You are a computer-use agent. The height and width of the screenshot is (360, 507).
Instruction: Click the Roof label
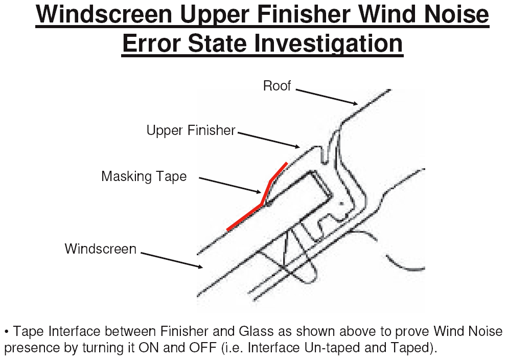click(x=277, y=86)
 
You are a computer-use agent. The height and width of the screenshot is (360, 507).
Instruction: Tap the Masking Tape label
click(x=144, y=176)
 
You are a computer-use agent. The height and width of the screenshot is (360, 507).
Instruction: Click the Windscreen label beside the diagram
click(x=100, y=249)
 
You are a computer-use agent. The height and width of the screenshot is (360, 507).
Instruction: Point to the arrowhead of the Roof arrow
click(x=356, y=104)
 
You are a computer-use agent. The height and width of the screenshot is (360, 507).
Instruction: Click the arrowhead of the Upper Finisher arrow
click(x=298, y=147)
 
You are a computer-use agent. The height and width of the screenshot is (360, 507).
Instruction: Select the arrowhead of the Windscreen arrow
click(x=201, y=267)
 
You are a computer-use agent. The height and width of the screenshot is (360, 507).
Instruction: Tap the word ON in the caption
click(x=149, y=348)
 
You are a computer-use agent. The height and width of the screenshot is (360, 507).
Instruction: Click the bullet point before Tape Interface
click(x=7, y=332)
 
